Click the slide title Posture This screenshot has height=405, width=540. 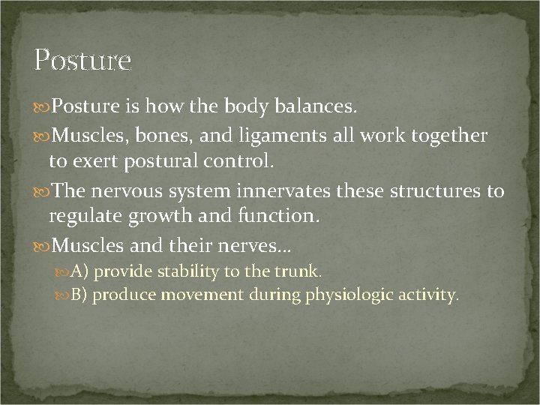82,59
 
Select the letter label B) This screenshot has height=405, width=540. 80,295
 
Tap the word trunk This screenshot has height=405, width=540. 301,270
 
